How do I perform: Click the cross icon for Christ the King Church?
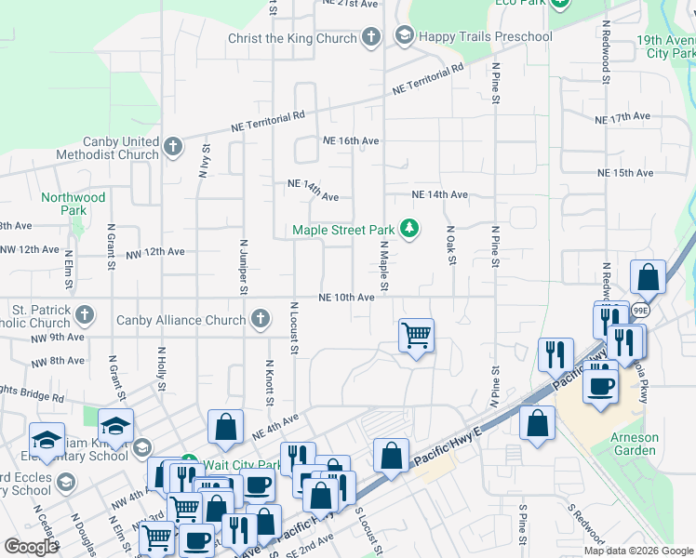(x=371, y=38)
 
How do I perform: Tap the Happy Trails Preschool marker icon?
(x=404, y=36)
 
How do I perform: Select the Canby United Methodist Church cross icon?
(x=173, y=147)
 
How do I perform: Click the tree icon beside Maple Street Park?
(x=408, y=228)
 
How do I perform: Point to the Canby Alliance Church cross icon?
(x=261, y=320)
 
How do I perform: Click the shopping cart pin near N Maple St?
(x=416, y=334)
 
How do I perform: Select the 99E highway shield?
(x=640, y=310)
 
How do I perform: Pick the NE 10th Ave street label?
(x=346, y=298)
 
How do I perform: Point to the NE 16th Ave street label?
(x=351, y=140)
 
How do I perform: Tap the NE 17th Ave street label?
(x=623, y=119)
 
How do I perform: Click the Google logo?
(x=31, y=547)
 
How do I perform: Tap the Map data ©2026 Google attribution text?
(x=638, y=551)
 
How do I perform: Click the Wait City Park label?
(x=243, y=465)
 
